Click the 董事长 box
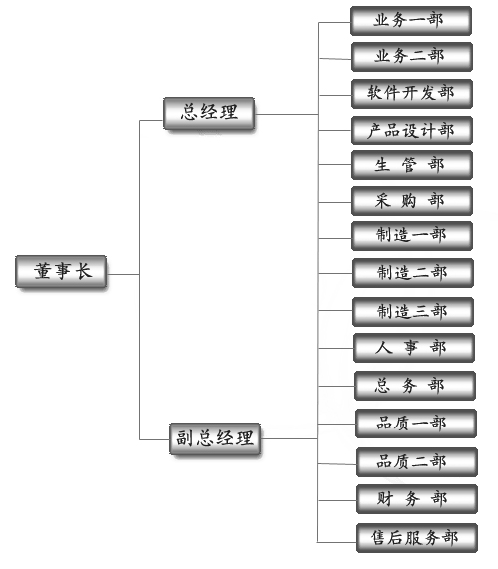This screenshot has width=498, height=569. pos(61,271)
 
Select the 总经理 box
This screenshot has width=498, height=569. pos(209,113)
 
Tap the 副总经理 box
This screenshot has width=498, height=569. pos(215,438)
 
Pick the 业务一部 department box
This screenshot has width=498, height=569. pos(410,21)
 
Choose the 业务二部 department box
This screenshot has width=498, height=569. pos(411,57)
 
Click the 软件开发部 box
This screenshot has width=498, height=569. pos(411,94)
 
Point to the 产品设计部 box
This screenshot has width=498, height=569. pos(411,131)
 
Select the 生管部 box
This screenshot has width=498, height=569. pos(411,165)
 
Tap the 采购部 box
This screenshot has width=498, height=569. pos(411,201)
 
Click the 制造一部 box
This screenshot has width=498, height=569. pos(411,236)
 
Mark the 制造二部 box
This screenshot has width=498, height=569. pos(412,273)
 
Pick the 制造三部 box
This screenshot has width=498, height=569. pos(412,312)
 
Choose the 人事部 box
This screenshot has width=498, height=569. pos(414,348)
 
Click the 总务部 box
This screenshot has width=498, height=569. pos(414,386)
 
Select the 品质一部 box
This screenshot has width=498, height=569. pos(415,424)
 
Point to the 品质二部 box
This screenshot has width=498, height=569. pos(416,462)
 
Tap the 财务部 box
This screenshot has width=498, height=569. pos(416,499)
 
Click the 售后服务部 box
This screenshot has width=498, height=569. pos(416,538)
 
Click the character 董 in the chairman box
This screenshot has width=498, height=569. pos(42,271)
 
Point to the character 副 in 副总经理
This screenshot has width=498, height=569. pos(184,438)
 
